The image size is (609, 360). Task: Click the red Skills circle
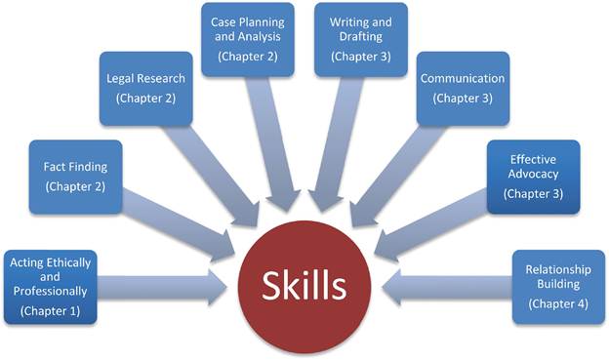click(304, 287)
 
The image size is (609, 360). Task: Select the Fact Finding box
click(76, 178)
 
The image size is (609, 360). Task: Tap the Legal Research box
click(146, 89)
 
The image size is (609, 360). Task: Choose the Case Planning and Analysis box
click(248, 40)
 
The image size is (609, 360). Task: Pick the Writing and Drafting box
click(361, 40)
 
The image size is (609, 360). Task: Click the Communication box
click(463, 89)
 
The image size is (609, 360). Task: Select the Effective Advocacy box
click(533, 178)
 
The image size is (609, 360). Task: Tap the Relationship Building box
click(558, 287)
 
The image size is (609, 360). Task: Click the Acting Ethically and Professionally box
click(51, 287)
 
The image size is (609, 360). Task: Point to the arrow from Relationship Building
click(447, 288)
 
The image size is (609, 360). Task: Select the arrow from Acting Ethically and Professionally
click(162, 288)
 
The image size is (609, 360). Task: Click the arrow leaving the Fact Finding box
click(179, 225)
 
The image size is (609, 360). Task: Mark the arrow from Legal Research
click(212, 176)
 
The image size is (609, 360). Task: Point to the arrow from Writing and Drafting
click(335, 144)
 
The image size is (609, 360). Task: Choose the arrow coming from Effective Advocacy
click(430, 225)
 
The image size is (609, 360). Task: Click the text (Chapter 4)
click(558, 303)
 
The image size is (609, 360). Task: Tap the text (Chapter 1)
click(51, 311)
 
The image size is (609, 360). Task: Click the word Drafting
click(361, 36)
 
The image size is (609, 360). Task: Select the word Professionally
click(51, 292)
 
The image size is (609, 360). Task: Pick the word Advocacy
click(533, 174)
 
